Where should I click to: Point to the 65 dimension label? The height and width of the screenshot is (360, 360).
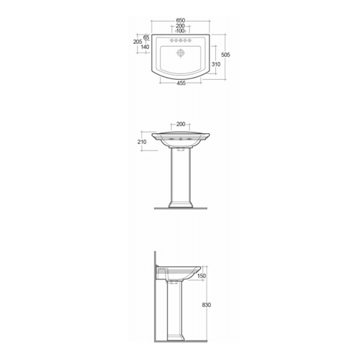(x=145, y=36)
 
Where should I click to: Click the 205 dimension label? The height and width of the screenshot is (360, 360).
(x=138, y=42)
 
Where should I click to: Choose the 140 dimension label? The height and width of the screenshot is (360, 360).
(x=145, y=47)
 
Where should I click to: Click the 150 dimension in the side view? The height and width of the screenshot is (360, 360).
(x=202, y=276)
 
